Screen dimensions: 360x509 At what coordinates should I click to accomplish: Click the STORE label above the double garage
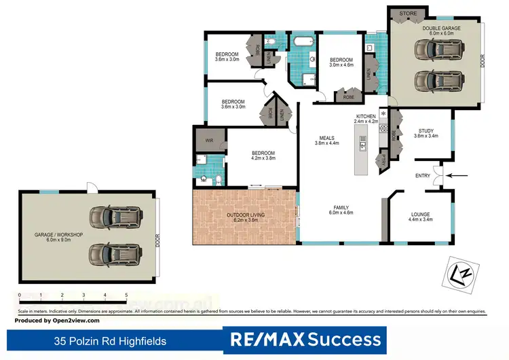[x=408, y=13]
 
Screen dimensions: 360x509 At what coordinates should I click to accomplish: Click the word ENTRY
[x=423, y=176]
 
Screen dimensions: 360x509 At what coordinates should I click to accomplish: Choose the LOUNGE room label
[x=420, y=215]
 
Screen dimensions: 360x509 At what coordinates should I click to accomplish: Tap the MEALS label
[x=325, y=138]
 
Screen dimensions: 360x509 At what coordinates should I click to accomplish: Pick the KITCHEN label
[x=365, y=117]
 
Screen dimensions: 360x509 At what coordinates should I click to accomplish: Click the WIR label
[x=209, y=141]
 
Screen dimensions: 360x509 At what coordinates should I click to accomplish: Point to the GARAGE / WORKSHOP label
[x=58, y=235]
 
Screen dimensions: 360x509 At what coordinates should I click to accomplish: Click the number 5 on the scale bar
[x=126, y=295]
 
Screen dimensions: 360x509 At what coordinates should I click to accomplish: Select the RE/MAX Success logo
[x=305, y=338]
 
